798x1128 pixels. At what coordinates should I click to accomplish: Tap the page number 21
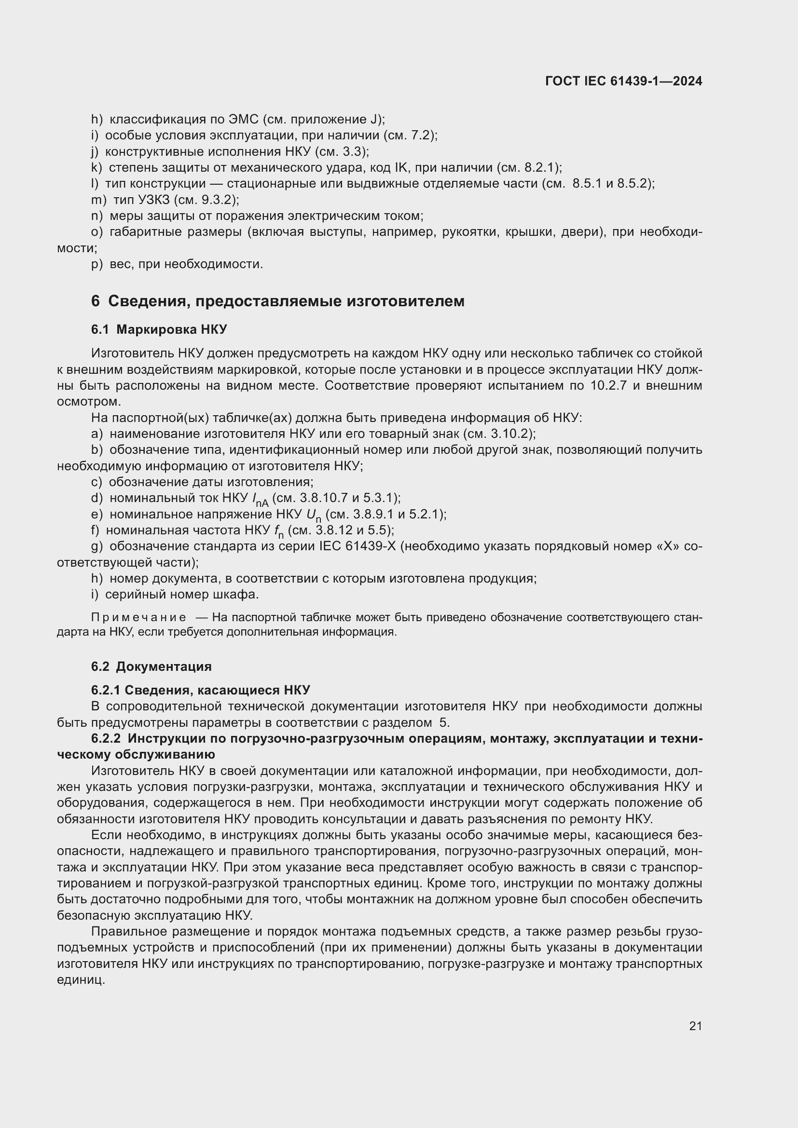coord(695,1026)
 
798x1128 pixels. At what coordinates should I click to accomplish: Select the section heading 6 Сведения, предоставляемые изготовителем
coord(277,300)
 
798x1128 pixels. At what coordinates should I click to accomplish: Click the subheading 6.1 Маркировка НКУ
coord(159,329)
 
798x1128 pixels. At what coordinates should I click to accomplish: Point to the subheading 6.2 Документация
coord(151,666)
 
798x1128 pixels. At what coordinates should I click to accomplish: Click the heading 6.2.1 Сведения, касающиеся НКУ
coord(201,690)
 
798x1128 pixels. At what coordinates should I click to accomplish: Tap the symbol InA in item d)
coord(260,500)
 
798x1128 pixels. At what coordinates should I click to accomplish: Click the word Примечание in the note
coord(138,618)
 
